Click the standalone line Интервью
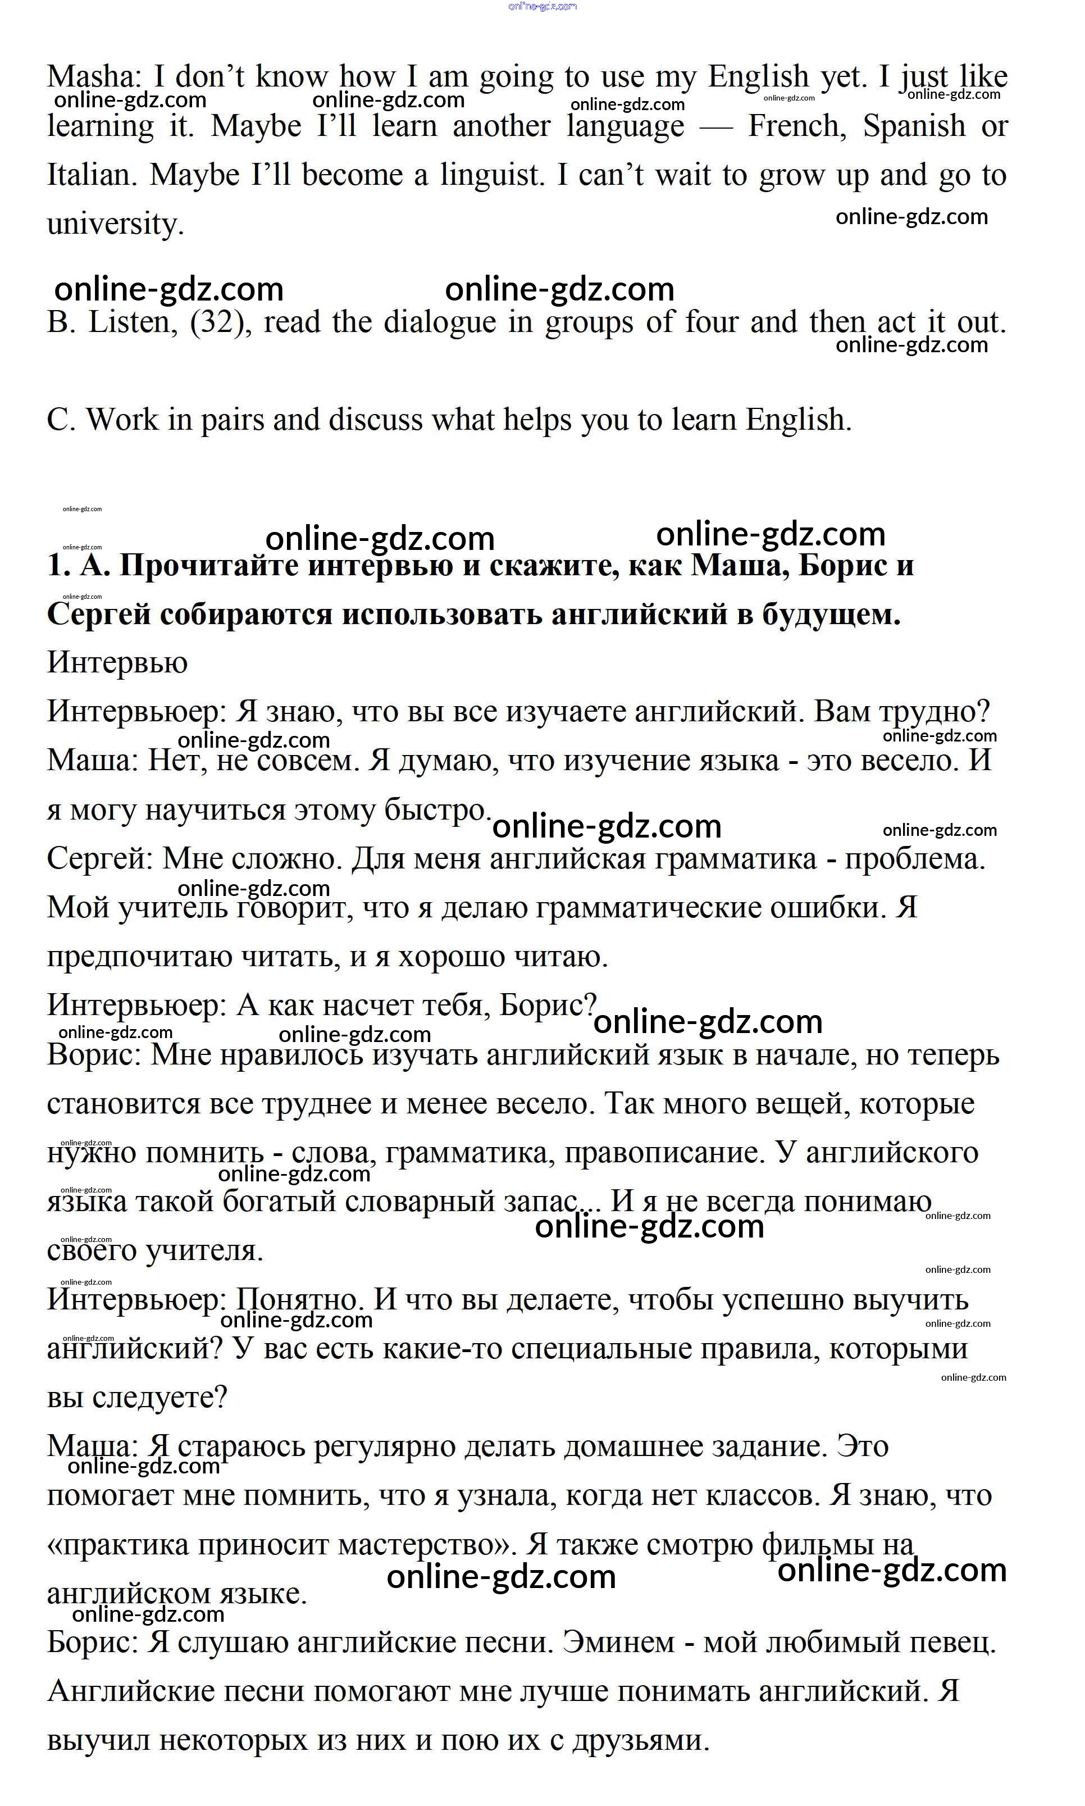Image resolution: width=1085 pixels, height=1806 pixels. pyautogui.click(x=117, y=663)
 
